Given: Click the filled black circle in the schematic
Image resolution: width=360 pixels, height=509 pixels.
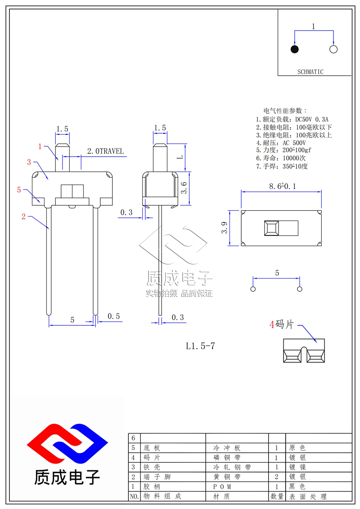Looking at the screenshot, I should (295, 49).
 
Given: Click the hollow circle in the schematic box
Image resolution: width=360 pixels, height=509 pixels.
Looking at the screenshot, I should (333, 49).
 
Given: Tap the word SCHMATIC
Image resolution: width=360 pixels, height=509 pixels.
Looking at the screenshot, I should (310, 72).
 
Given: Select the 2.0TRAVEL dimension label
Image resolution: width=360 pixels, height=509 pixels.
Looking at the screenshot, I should (105, 151).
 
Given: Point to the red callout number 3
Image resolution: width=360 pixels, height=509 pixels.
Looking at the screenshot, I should (29, 162).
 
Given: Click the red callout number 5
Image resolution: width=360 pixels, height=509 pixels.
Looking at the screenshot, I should (19, 189).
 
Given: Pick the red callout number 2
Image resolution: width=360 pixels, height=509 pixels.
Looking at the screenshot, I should (23, 216).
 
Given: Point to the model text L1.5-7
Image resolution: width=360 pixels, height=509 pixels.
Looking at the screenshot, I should (201, 346).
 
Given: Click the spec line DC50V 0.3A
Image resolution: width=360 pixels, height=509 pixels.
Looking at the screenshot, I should (311, 119).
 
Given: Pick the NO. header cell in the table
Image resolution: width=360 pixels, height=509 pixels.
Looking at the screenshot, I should (134, 496).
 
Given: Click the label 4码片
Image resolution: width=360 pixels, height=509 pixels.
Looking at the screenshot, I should (282, 324).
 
